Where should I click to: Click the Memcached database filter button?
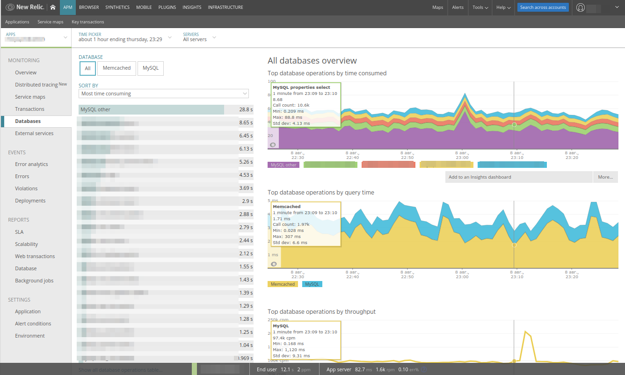pyautogui.click(x=116, y=68)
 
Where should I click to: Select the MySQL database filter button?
pyautogui.click(x=150, y=68)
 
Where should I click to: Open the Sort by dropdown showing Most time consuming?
pyautogui.click(x=164, y=94)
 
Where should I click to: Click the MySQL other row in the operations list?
pyautogui.click(x=151, y=109)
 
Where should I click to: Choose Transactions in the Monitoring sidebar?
pyautogui.click(x=29, y=109)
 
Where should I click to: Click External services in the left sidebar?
pyautogui.click(x=34, y=133)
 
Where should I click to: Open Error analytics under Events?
pyautogui.click(x=31, y=164)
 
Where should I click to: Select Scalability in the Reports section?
pyautogui.click(x=26, y=244)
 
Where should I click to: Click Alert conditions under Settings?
pyautogui.click(x=33, y=324)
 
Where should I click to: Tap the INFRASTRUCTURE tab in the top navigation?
pyautogui.click(x=225, y=7)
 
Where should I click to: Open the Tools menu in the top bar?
pyautogui.click(x=480, y=7)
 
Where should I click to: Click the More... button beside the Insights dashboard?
pyautogui.click(x=605, y=177)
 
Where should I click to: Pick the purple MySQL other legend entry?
pyautogui.click(x=283, y=165)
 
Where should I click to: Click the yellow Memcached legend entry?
pyautogui.click(x=283, y=284)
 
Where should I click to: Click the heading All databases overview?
pyautogui.click(x=312, y=61)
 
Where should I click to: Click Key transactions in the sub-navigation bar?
pyautogui.click(x=88, y=22)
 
